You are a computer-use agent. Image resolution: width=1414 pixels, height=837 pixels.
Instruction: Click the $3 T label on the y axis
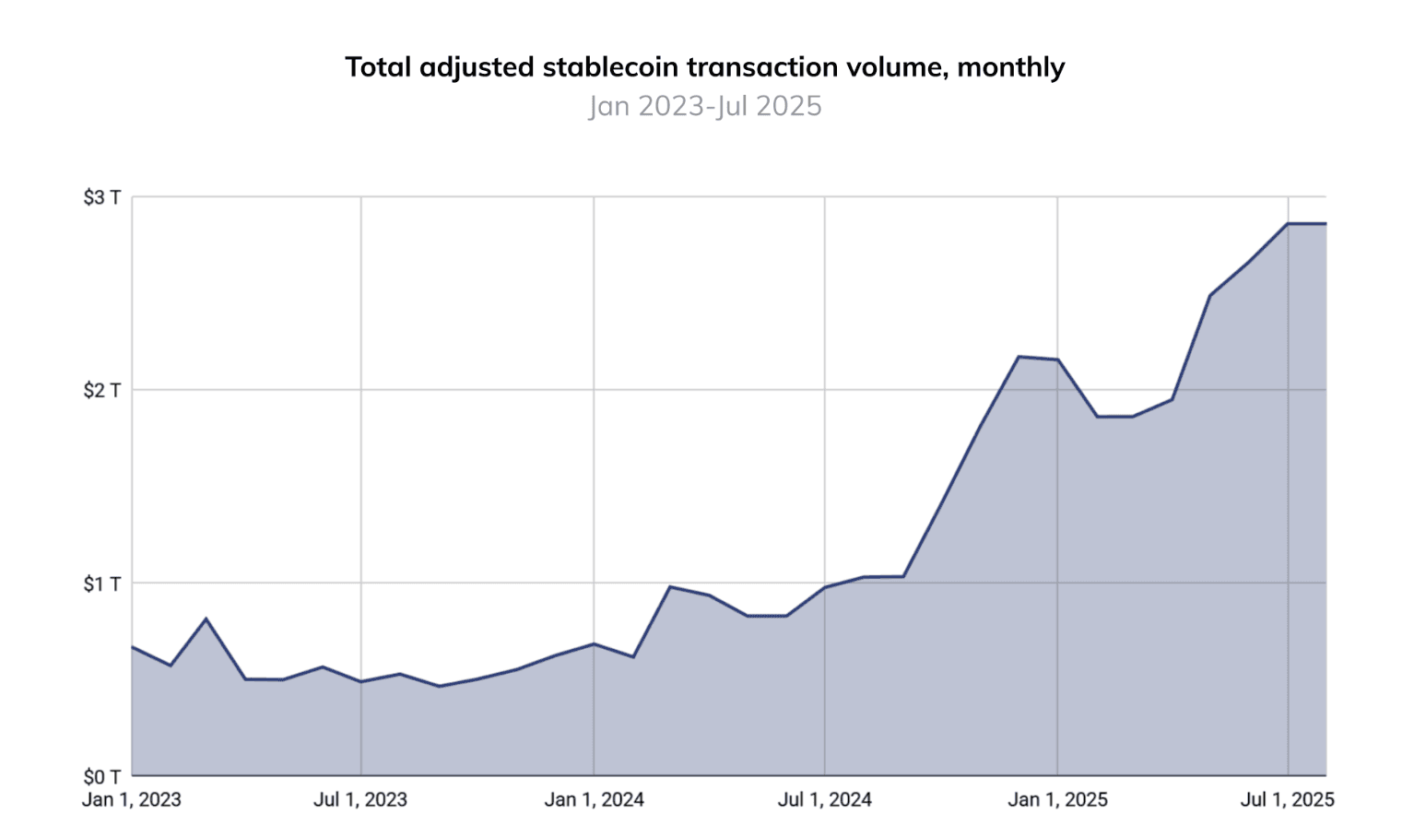pos(101,197)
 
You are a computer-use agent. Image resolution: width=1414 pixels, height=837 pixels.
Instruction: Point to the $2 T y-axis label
pos(101,390)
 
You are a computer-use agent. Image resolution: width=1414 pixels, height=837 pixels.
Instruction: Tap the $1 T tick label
pos(101,584)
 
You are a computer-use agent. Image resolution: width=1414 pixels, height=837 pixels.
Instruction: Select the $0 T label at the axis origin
pos(101,776)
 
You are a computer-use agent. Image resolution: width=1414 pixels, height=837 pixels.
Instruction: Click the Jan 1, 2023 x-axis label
pos(132,800)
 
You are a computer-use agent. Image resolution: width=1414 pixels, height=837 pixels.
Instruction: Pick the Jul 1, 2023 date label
pos(360,800)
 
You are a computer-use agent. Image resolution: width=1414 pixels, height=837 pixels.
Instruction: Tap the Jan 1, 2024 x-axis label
pos(594,800)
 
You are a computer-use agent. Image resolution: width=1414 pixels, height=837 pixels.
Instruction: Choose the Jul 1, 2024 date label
pos(824,800)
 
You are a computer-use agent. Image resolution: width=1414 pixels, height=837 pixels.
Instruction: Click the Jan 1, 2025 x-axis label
pos(1057,800)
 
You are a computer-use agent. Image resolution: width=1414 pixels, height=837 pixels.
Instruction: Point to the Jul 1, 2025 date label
pos(1287,800)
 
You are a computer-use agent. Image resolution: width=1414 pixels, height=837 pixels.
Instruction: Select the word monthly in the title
pos(1011,67)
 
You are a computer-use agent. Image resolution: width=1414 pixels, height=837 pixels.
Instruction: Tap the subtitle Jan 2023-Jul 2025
pos(705,106)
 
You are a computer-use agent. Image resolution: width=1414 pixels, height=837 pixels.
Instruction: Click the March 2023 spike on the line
pos(206,619)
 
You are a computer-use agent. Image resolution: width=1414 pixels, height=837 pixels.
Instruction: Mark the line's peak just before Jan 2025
pos(1019,357)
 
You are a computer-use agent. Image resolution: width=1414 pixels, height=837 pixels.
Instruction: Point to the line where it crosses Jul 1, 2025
pos(1288,224)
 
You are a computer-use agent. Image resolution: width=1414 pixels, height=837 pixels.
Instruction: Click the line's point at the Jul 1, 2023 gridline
pos(360,682)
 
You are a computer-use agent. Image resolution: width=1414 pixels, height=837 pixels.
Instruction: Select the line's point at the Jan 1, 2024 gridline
pos(594,643)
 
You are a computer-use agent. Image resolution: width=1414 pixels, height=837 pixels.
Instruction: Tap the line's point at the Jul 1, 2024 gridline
pos(825,587)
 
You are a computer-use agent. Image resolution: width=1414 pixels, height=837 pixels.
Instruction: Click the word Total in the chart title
pos(379,67)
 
